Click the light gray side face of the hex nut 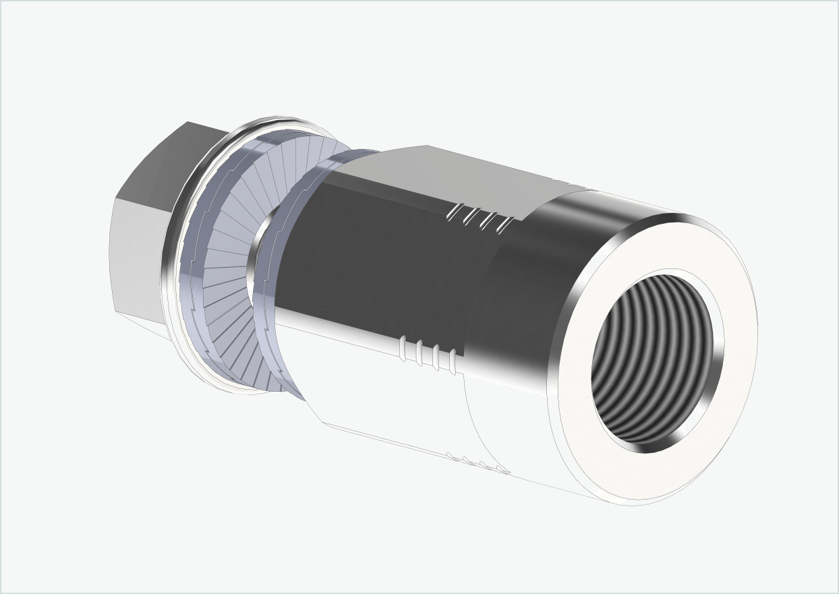pyautogui.click(x=138, y=256)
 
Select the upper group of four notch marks pyautogui.click(x=482, y=218)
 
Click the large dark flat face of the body pyautogui.click(x=378, y=270)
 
